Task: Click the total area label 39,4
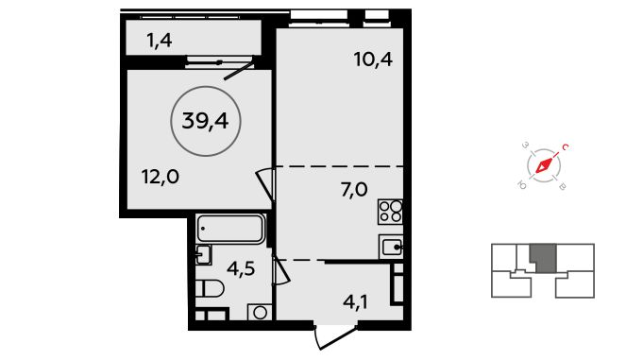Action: point(205,121)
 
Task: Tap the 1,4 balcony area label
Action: point(160,41)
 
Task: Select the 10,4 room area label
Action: point(373,60)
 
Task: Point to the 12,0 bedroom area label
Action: point(161,177)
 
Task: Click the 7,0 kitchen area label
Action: point(354,190)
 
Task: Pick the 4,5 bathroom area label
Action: point(241,269)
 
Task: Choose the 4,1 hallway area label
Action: point(355,303)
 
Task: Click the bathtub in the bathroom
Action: point(230,229)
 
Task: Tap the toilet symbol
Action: point(209,288)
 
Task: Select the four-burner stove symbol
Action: point(390,212)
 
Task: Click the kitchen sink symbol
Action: point(391,248)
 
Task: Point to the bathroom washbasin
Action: point(203,254)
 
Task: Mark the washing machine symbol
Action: point(260,313)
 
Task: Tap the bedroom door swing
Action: point(265,184)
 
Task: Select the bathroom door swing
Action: point(281,271)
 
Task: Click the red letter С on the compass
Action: point(565,147)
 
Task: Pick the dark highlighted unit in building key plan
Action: point(543,258)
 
